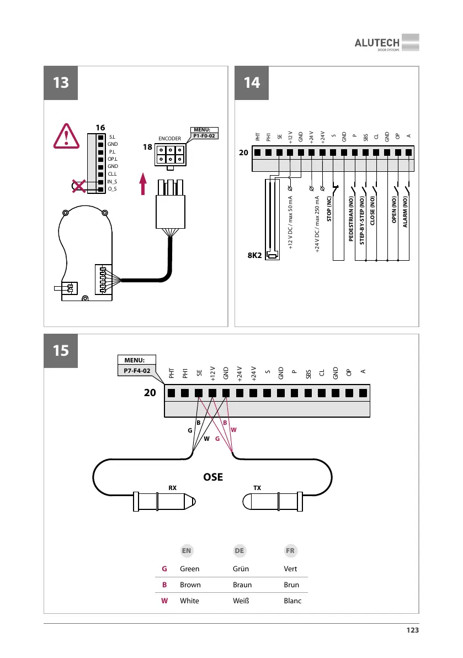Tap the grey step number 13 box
pos(61,82)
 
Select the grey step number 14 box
pos(252,82)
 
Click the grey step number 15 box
pos(61,350)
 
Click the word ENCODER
pos(170,138)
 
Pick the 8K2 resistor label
pos(256,256)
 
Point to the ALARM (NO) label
pos(405,212)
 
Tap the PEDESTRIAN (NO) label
pos(351,216)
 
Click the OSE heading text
pos(213,476)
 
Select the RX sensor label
pos(172,488)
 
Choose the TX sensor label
pos(257,488)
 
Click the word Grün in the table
pos(243,568)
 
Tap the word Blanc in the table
pos(292,601)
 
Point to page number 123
pos(411,630)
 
